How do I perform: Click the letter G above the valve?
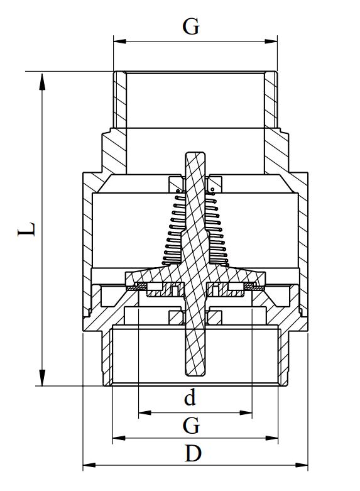click(x=191, y=26)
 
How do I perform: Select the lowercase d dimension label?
click(x=190, y=397)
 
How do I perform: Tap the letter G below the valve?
click(x=191, y=426)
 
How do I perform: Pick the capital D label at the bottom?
click(x=194, y=453)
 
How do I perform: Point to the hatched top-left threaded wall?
click(x=119, y=101)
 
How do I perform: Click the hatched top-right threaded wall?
click(x=271, y=101)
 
